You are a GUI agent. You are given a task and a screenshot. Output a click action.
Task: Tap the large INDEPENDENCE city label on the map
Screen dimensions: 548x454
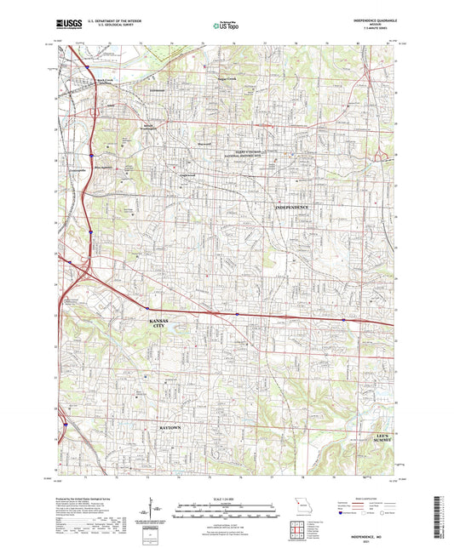click(291, 207)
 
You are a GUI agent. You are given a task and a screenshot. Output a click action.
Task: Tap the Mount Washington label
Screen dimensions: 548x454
click(129, 125)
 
